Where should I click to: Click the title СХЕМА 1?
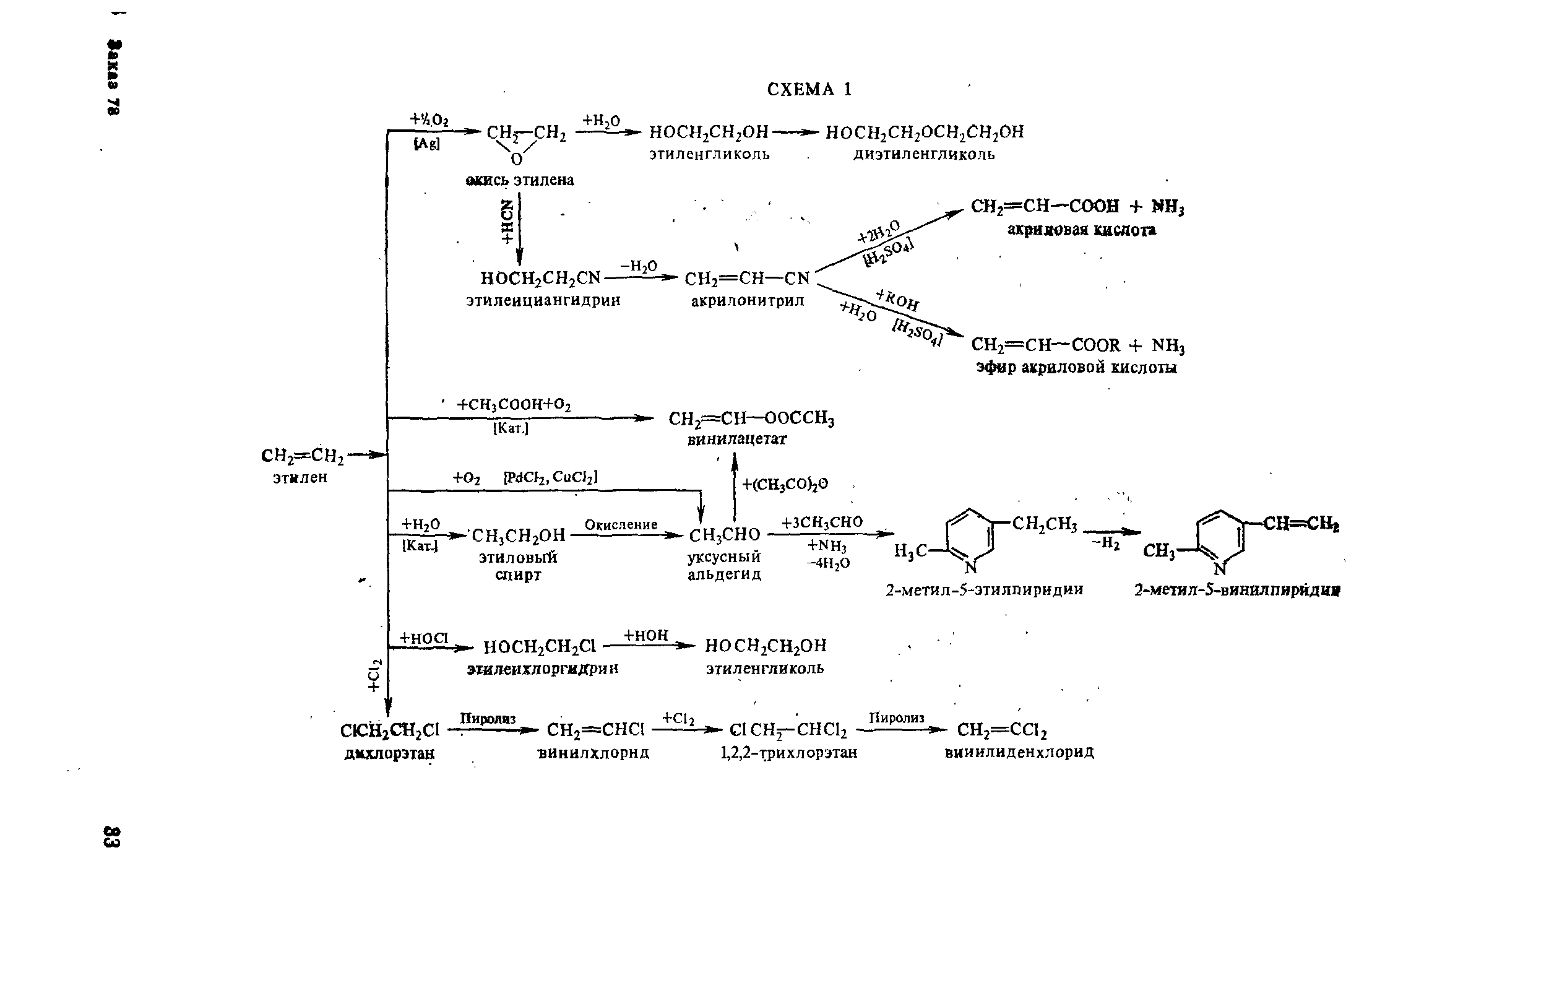[809, 90]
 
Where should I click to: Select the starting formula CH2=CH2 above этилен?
[302, 456]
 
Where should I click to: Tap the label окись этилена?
[520, 180]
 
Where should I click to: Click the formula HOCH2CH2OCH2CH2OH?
[924, 132]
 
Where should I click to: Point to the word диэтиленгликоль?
[924, 155]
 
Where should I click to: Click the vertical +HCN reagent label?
[507, 222]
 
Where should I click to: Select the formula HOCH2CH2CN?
[541, 279]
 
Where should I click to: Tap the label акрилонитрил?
[747, 301]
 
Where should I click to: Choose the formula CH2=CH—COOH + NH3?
[1077, 207]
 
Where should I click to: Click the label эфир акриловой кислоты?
[1077, 368]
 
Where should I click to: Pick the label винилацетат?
[737, 440]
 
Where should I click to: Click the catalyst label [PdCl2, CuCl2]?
[550, 478]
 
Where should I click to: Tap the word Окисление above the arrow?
[621, 524]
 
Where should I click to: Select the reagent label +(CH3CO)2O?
[785, 484]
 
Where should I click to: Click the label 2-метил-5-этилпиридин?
[984, 589]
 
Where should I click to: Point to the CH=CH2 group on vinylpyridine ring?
[1301, 524]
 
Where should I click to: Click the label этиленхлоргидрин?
[543, 668]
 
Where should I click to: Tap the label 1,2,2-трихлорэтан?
[789, 753]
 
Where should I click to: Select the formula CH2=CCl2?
[1002, 730]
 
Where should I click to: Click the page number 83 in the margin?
[112, 836]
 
